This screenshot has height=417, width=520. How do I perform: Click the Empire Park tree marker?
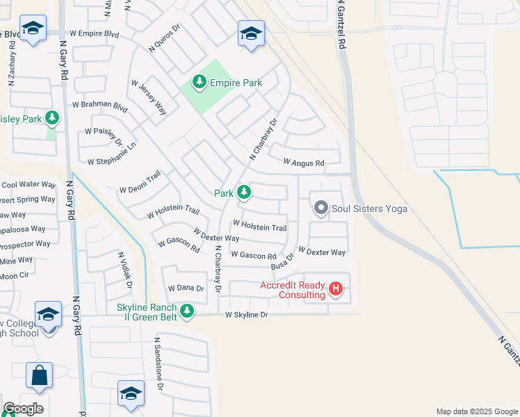(x=200, y=83)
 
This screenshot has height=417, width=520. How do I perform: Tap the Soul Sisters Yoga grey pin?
(x=320, y=208)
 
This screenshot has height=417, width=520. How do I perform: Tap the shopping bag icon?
(x=39, y=375)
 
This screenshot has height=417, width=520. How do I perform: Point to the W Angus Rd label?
(x=304, y=163)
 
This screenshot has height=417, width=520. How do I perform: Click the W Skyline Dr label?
(x=246, y=315)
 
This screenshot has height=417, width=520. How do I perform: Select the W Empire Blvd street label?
(x=95, y=33)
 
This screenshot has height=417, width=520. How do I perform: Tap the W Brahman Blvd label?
(x=100, y=106)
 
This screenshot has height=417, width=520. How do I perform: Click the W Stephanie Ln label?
(x=111, y=161)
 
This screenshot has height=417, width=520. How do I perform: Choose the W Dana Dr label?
(x=186, y=288)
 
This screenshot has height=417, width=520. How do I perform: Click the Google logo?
(x=22, y=409)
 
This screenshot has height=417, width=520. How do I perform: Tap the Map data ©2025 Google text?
(x=476, y=411)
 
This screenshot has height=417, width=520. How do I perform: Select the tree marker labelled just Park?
(x=243, y=192)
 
